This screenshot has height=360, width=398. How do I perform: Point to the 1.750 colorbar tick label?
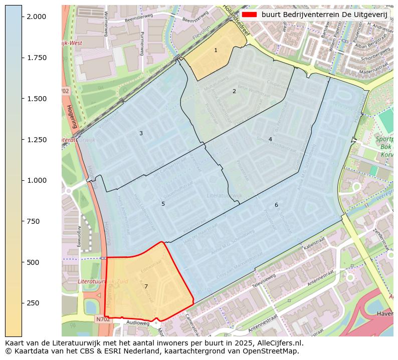[36, 58]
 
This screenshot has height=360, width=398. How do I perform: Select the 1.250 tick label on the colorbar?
[36, 140]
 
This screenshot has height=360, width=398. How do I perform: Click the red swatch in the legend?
[249, 15]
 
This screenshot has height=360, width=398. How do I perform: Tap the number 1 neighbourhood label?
[216, 50]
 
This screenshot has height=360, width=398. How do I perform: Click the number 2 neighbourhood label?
[234, 91]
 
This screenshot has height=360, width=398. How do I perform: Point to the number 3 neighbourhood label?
[141, 133]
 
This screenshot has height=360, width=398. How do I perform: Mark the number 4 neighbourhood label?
[270, 139]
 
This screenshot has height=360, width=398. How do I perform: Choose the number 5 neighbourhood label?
[163, 204]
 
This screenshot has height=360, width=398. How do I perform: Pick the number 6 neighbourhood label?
[276, 205]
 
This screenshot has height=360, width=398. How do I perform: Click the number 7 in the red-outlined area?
[146, 286]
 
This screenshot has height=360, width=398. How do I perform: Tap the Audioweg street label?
[138, 323]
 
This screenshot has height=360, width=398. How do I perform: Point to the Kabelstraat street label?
[314, 243]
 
